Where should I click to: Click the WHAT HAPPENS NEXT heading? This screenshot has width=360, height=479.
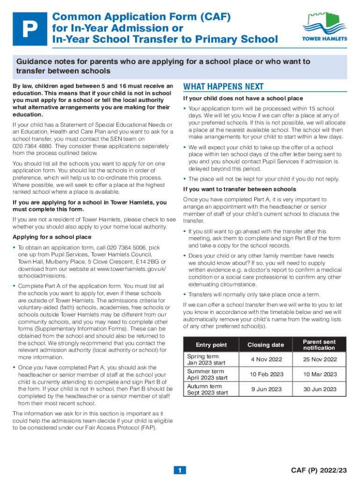point(223,87)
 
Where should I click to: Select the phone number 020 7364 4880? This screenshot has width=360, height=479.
point(32,146)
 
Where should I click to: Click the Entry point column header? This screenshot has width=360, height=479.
point(211,345)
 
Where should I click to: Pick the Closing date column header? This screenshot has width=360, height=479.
point(265,345)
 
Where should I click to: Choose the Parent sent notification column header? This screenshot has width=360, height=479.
point(319,345)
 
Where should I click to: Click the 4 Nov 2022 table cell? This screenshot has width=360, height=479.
point(265,359)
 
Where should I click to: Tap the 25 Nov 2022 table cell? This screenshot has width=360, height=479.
point(319,359)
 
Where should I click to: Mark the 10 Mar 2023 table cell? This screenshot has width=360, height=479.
point(319,374)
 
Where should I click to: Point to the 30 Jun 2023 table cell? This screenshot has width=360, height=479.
point(319,389)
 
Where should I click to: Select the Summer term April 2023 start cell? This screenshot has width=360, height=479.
point(207,374)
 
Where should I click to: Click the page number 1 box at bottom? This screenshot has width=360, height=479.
point(180,470)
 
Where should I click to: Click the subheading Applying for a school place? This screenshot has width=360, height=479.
point(52,237)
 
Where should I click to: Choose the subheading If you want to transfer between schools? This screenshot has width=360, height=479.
point(239,189)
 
